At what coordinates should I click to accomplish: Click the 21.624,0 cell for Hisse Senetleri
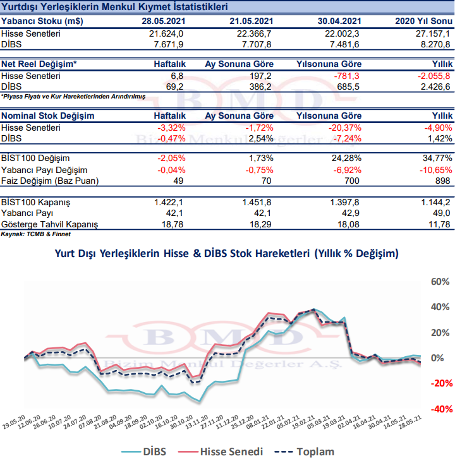166,34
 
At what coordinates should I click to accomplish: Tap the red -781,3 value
346,76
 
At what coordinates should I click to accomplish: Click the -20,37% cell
344,128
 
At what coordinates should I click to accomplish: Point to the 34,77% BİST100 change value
437,158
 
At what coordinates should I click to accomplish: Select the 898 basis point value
442,181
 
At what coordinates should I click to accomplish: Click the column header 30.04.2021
339,21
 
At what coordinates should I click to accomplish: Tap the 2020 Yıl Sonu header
423,21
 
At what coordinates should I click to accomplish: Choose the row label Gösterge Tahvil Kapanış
49,225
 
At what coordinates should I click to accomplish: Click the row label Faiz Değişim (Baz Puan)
50,181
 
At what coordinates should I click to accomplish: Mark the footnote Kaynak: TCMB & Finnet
35,234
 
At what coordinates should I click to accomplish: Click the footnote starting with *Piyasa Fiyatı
73,97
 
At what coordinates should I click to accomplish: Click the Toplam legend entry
304,452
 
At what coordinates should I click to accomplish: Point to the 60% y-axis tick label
440,282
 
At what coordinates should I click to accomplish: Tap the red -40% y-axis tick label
442,409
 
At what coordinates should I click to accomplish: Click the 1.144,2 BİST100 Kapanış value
435,203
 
